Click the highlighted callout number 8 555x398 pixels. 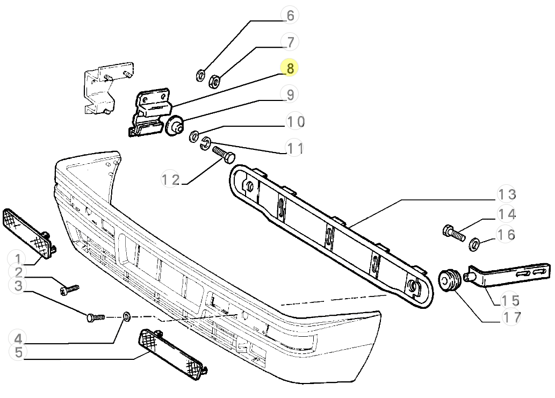[290, 68]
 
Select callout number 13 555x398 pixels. [506, 194]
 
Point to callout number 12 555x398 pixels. [171, 179]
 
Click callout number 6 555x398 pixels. [290, 15]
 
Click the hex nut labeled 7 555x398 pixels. [212, 81]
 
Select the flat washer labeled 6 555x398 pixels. [200, 75]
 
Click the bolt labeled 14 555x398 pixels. [453, 234]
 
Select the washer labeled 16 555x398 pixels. [475, 245]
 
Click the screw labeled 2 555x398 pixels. [69, 290]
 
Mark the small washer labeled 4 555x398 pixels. [127, 316]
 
